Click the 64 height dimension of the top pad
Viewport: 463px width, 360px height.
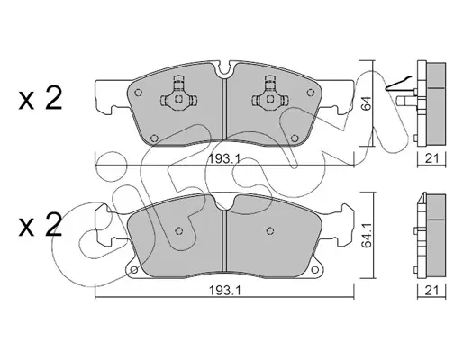[x=367, y=103]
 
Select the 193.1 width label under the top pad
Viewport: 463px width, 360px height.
[x=224, y=159]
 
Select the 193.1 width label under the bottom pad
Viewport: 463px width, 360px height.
[x=224, y=291]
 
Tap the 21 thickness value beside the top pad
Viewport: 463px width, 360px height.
[x=432, y=158]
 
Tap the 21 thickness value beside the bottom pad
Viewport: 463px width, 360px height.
[x=432, y=291]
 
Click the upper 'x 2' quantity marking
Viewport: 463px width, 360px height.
[x=41, y=98]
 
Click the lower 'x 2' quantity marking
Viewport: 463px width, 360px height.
[x=41, y=225]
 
